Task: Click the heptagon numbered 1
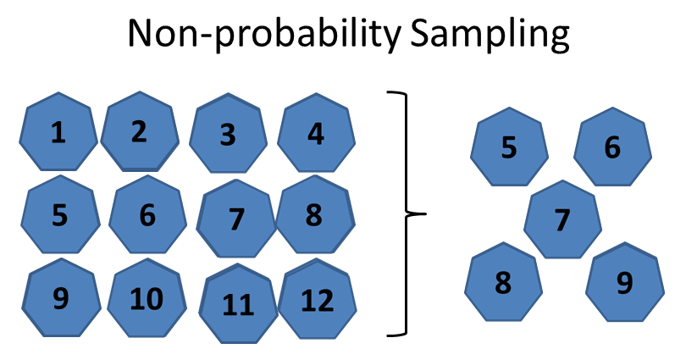click(x=58, y=134)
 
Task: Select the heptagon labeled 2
click(x=140, y=131)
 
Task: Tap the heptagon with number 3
click(x=228, y=136)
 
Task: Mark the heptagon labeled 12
click(x=315, y=301)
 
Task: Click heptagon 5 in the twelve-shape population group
click(x=58, y=216)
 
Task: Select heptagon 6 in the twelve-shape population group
click(x=148, y=216)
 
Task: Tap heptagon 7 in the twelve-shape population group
click(x=236, y=219)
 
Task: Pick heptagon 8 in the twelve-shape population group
click(x=314, y=216)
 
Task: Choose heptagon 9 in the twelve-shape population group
click(x=61, y=299)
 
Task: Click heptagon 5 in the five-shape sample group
click(x=508, y=147)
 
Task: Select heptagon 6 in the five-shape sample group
click(x=612, y=147)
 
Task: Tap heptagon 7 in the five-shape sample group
click(x=562, y=219)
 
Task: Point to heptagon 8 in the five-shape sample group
click(x=503, y=283)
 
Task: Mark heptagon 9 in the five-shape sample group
click(x=625, y=283)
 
